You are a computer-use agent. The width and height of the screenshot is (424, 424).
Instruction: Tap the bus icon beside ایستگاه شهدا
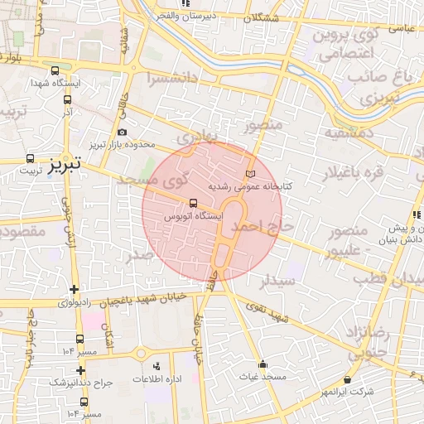click(x=55, y=71)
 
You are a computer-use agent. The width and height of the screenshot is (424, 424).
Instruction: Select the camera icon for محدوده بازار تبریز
click(x=123, y=132)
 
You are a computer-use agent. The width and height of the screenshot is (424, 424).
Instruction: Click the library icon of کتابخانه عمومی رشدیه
click(x=251, y=175)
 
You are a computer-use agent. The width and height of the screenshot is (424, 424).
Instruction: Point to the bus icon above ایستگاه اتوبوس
click(x=194, y=202)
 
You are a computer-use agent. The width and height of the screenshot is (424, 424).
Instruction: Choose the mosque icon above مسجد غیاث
click(x=263, y=364)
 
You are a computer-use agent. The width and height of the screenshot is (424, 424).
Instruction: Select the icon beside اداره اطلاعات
click(x=157, y=365)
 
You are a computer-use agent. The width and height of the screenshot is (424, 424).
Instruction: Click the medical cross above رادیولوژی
click(x=75, y=290)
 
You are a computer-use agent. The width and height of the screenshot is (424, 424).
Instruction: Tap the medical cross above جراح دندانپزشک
click(x=80, y=370)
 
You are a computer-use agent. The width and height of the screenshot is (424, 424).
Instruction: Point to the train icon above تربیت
click(x=31, y=158)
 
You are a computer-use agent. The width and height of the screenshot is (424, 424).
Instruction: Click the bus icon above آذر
click(x=67, y=99)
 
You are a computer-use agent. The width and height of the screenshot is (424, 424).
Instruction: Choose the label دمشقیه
click(x=344, y=132)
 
